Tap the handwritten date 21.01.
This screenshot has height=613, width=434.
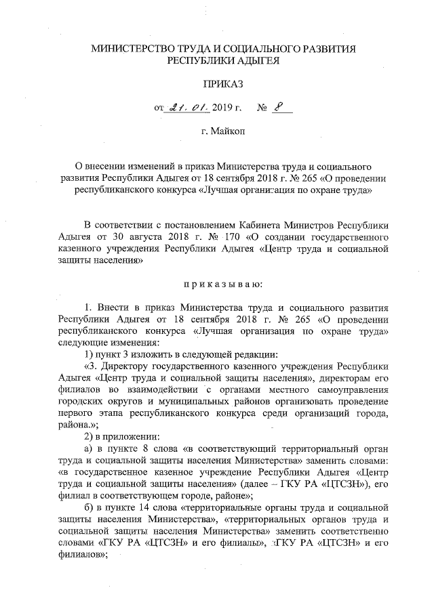click(188, 107)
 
